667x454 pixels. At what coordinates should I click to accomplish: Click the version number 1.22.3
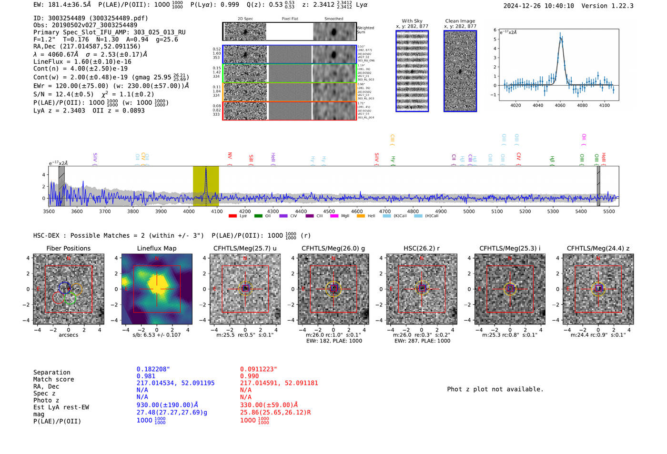621,6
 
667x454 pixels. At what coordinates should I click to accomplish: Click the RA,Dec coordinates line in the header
87,47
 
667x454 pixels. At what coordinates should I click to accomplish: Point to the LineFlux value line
82,61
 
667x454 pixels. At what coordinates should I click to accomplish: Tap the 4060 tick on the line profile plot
560,105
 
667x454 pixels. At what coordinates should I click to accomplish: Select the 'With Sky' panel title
412,21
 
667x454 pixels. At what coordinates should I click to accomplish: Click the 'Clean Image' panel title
460,21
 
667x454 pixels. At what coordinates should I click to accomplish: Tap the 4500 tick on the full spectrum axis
329,211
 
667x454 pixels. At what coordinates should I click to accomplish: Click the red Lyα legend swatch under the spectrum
232,216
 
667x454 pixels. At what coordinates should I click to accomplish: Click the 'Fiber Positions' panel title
68,248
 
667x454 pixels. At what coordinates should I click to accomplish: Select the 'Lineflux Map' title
156,248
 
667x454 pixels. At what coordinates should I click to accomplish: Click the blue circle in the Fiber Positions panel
65,287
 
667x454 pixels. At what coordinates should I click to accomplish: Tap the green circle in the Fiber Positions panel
70,299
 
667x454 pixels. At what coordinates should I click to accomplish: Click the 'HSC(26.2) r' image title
421,248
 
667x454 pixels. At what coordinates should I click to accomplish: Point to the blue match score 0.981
146,376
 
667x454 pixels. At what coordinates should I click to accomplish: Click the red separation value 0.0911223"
258,369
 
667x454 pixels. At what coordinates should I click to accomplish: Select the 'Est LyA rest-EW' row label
61,407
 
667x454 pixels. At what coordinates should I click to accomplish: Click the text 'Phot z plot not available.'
495,389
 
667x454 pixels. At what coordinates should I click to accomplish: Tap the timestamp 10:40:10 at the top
557,6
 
